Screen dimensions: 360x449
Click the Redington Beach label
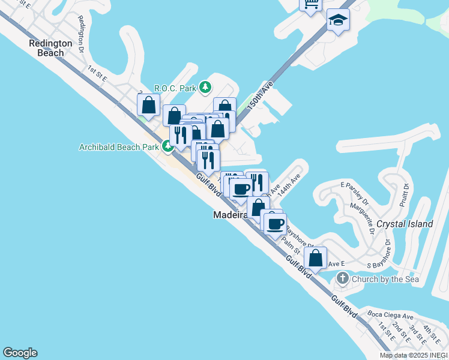50,48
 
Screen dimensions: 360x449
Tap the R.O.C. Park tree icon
206,88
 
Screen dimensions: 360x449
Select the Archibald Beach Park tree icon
167,146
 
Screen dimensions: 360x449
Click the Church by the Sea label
382,278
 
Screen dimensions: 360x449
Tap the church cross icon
342,278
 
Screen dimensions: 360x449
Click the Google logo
20,353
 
